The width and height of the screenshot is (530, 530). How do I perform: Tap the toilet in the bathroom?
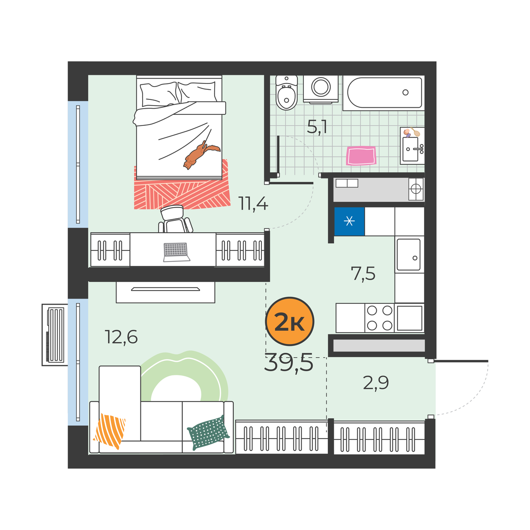[x=286, y=93]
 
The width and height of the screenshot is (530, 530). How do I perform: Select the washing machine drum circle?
[x=321, y=87]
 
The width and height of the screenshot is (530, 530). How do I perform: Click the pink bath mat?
[x=361, y=156]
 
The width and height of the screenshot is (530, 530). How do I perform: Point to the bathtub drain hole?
[x=405, y=92]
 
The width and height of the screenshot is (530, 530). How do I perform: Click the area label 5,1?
[x=317, y=127]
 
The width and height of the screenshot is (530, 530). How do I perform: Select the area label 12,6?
[x=121, y=337]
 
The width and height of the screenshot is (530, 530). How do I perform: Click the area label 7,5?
[x=363, y=274]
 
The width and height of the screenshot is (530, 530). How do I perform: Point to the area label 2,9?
[x=376, y=383]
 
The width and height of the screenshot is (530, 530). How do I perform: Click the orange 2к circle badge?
[x=289, y=321]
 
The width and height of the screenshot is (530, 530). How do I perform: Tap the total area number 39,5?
[x=288, y=364]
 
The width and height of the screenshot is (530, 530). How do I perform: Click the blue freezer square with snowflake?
[x=349, y=221]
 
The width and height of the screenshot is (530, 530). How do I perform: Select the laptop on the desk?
[x=177, y=252]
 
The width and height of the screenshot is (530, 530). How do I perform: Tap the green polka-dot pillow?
[x=208, y=433]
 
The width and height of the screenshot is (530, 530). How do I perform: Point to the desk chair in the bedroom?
[x=175, y=219]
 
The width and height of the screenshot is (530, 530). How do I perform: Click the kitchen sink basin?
[x=408, y=255]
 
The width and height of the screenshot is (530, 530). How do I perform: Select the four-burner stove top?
[x=379, y=318]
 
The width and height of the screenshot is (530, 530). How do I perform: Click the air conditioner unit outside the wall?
[x=55, y=335]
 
